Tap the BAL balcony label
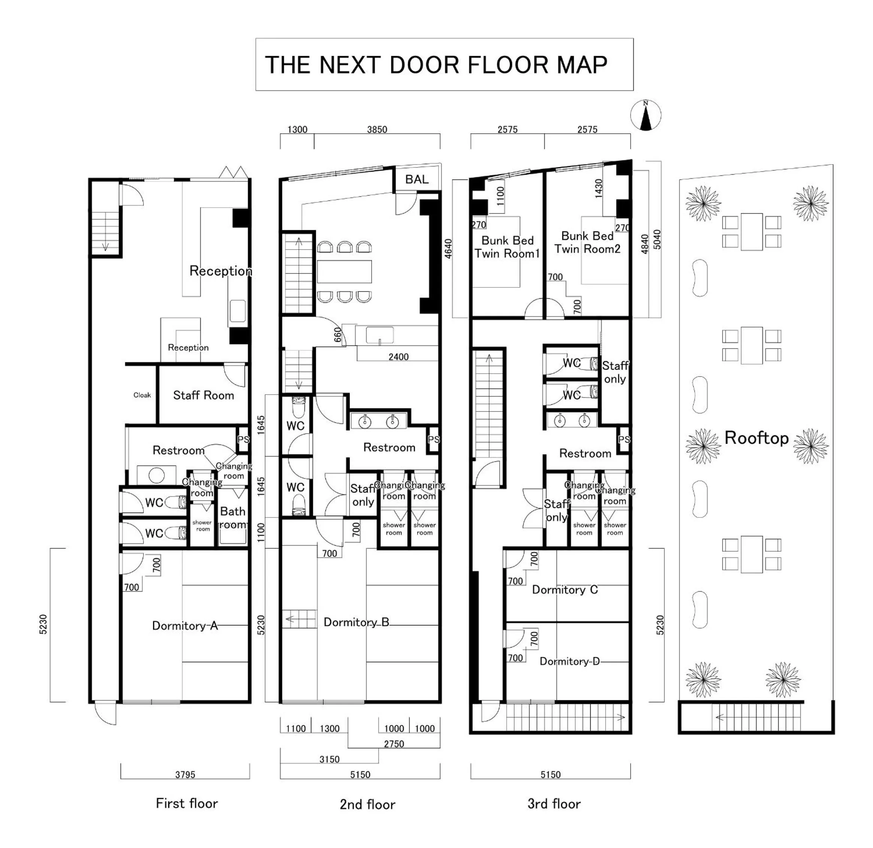click(x=416, y=179)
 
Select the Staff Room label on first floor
click(x=204, y=395)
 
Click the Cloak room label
click(x=142, y=395)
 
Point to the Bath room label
click(x=233, y=518)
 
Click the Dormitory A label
click(x=185, y=626)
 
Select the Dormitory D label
click(x=569, y=661)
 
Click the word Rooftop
click(x=756, y=438)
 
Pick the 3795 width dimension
click(x=185, y=775)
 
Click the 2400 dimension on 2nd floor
click(x=398, y=357)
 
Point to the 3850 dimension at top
click(x=377, y=130)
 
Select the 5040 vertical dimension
click(x=657, y=239)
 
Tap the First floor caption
click(x=187, y=803)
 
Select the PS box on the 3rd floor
click(x=624, y=440)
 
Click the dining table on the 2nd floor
click(x=344, y=271)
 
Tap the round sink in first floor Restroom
click(x=156, y=476)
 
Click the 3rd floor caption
click(x=554, y=804)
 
